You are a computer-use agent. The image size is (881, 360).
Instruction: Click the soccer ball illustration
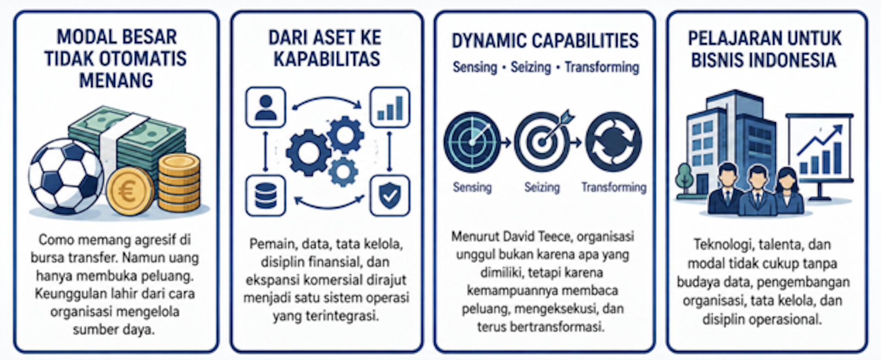[66, 177]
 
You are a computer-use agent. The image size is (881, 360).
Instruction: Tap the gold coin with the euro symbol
[129, 191]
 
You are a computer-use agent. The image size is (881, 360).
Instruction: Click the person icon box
[266, 107]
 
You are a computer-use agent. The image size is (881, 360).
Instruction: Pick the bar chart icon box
[390, 107]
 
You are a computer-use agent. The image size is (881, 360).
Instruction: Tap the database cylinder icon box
[266, 196]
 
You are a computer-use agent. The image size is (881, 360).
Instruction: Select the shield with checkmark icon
[390, 196]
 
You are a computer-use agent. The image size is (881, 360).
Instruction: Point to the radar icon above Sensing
[472, 142]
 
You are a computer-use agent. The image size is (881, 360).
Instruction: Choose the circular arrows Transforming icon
[613, 142]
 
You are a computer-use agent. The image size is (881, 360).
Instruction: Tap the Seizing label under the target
[542, 187]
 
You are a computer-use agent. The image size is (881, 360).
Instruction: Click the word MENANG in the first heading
[116, 80]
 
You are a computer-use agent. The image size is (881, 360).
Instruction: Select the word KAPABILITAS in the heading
[327, 59]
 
